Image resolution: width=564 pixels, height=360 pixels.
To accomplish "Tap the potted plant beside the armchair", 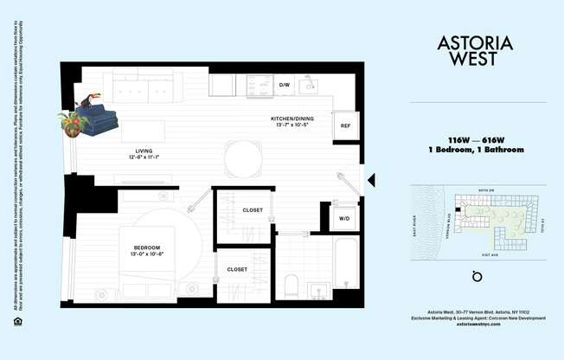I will (75, 125).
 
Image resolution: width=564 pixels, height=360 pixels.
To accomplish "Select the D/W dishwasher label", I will (284, 85).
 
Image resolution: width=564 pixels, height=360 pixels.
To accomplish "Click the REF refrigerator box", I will (345, 125).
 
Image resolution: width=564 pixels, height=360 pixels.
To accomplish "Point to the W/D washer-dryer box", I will (343, 219).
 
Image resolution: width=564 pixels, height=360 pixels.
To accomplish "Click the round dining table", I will (243, 157).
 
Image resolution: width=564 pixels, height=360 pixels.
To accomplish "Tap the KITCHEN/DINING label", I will (290, 120).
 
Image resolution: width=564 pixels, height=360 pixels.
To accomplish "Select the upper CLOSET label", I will (253, 209).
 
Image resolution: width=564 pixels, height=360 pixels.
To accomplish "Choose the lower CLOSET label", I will (237, 269).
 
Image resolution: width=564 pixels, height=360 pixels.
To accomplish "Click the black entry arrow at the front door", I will (371, 180).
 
